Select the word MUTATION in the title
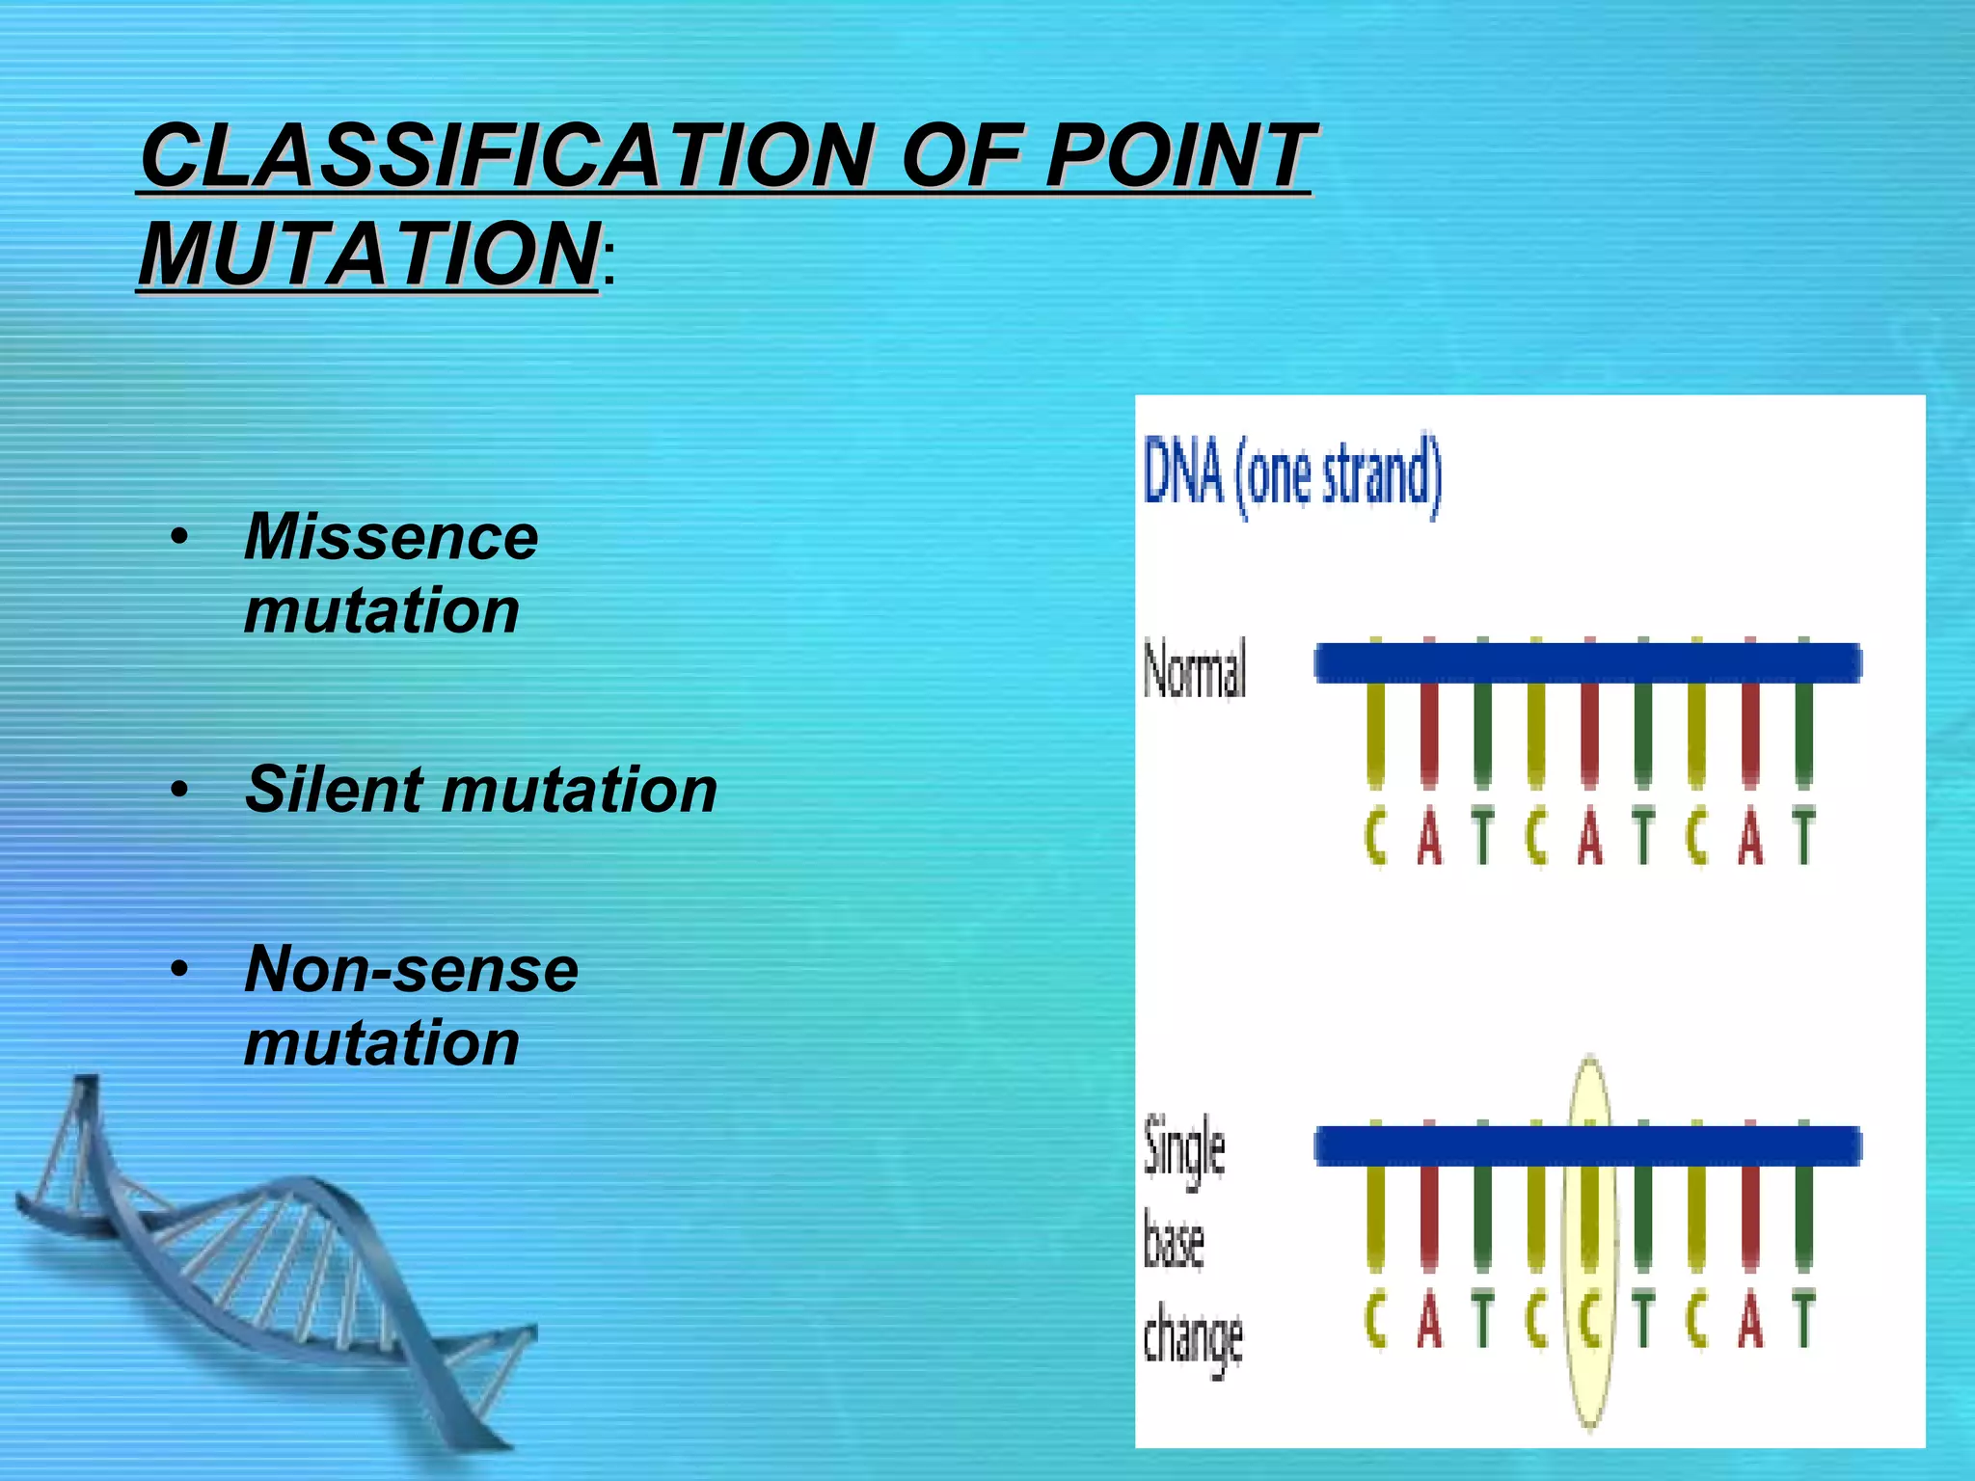click(369, 254)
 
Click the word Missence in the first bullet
click(391, 536)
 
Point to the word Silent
click(334, 790)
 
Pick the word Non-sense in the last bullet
click(411, 969)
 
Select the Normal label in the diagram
click(1195, 668)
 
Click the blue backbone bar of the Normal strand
click(1587, 663)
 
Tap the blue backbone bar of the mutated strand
click(1587, 1145)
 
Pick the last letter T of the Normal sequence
click(1803, 836)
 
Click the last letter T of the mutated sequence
click(1803, 1319)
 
